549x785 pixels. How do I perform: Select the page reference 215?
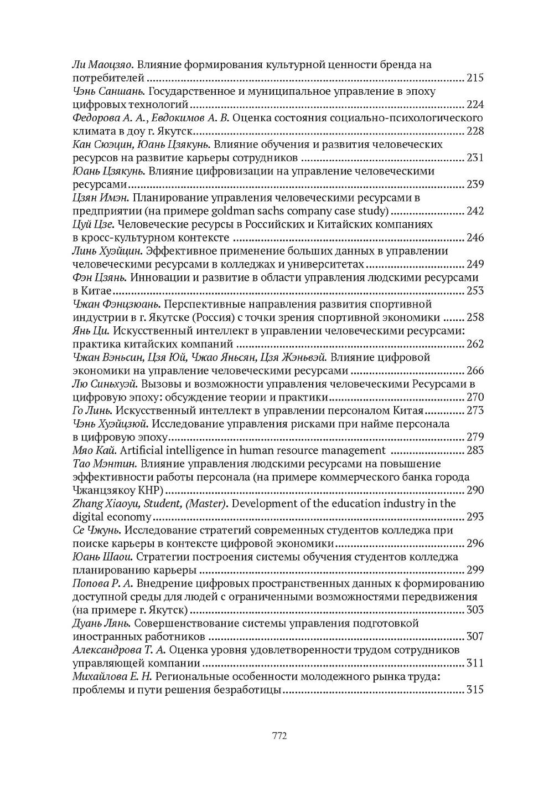point(475,78)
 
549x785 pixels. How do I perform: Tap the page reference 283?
point(475,450)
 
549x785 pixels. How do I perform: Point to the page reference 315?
point(475,690)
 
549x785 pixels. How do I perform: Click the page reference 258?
point(475,317)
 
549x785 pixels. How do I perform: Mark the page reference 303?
point(475,610)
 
